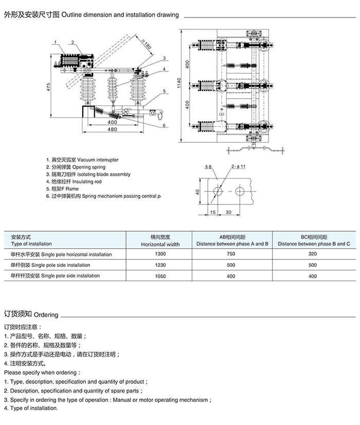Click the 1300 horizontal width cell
160,254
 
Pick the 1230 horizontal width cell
160,265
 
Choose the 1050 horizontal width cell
160,276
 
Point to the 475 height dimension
48,87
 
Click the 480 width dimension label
112,129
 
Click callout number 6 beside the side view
164,125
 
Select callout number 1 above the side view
55,42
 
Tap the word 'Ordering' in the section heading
46,315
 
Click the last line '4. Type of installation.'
31,408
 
